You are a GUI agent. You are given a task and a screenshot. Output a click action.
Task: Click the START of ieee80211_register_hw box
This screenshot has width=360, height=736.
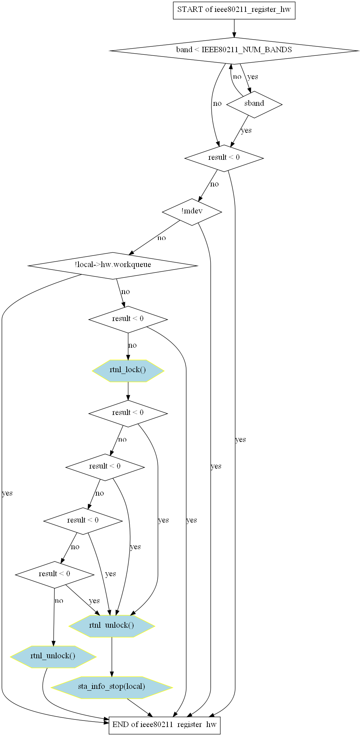coord(234,10)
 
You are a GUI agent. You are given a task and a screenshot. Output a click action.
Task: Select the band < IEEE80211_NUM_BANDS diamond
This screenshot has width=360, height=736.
coord(234,50)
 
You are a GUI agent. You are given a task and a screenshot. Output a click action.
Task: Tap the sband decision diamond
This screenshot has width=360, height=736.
coord(254,104)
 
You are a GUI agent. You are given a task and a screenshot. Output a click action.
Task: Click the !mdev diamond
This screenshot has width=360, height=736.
coord(192,211)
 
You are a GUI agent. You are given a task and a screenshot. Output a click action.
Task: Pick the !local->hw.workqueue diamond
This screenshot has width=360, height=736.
coord(113,265)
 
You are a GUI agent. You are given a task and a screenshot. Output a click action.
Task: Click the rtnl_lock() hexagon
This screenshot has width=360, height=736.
coord(128,370)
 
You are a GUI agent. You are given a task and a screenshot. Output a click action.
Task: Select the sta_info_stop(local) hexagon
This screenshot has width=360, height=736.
coord(112,686)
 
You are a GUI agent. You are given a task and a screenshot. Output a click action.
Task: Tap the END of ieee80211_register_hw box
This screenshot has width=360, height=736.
coord(165,724)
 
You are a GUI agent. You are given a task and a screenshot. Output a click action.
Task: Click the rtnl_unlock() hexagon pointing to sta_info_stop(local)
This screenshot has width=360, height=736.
coord(112,625)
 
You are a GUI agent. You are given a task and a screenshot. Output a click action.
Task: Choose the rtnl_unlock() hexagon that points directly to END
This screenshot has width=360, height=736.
coord(53,656)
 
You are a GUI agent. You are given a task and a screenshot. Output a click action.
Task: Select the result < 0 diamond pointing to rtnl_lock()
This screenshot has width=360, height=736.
coord(128,319)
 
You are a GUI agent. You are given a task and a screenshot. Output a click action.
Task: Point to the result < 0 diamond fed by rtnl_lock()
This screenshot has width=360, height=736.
coord(128,413)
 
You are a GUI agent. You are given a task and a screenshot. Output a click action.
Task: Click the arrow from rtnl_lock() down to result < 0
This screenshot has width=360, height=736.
coord(128,391)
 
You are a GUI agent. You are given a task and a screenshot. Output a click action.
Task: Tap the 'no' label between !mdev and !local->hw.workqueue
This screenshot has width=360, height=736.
coord(162,238)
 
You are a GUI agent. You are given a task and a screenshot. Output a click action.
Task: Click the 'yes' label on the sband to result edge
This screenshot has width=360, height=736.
coord(246,130)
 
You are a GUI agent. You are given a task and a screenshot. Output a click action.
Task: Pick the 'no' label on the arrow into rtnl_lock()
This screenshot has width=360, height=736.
coord(132,346)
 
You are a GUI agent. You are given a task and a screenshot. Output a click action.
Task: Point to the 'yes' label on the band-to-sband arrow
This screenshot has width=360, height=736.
coord(253,77)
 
